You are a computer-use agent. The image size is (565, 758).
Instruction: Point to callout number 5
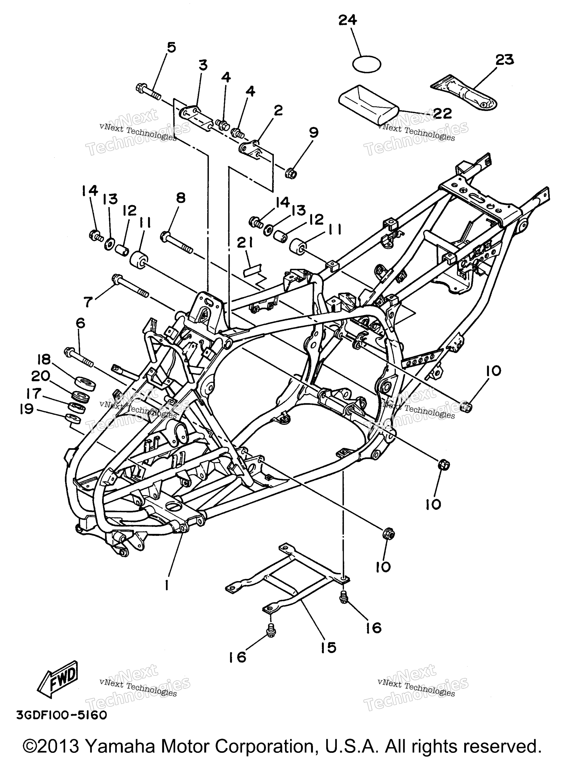coord(171,47)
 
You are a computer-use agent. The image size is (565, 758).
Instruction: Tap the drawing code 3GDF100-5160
coord(61,716)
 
